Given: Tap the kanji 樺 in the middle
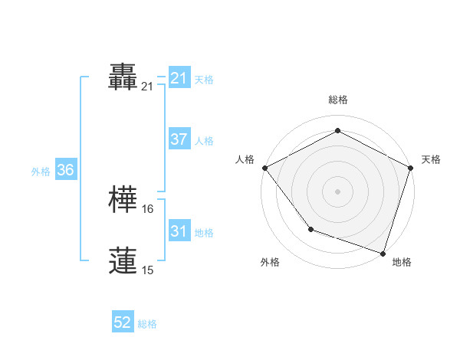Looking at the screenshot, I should tap(124, 201).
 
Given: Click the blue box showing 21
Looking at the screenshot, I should tap(179, 77).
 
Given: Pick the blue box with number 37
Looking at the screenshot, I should tap(179, 139).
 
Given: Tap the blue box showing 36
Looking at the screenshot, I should tap(65, 170).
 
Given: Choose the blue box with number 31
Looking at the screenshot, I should tap(179, 231).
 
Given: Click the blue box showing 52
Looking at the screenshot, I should tap(123, 322).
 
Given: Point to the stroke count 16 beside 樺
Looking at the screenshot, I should tap(148, 208).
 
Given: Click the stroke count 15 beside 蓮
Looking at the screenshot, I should tap(147, 270).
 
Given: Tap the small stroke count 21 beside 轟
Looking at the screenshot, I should tap(147, 87).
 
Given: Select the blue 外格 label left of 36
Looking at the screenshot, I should tap(41, 172).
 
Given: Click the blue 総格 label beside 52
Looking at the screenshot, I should tap(147, 324).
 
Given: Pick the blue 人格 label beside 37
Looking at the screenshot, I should tap(204, 141).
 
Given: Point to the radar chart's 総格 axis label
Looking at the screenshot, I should tap(337, 100).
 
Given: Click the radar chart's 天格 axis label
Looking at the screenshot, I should tap(431, 159).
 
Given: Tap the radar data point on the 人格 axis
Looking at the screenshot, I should tap(264, 168).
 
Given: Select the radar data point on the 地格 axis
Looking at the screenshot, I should tap(383, 252).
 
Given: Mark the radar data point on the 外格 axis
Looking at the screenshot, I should tap(310, 228).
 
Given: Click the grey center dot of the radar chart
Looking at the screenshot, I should tap(337, 191).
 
